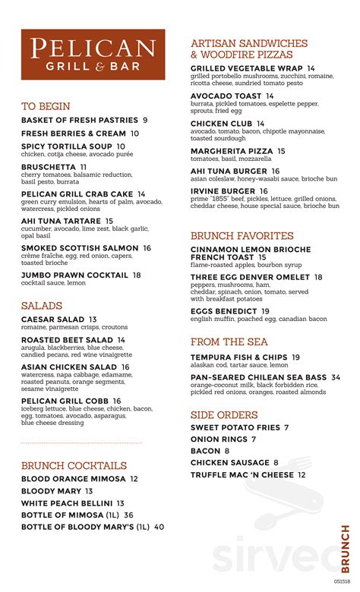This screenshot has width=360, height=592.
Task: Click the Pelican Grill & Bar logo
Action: pyautogui.click(x=93, y=55)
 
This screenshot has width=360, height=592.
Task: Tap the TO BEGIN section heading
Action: pyautogui.click(x=46, y=106)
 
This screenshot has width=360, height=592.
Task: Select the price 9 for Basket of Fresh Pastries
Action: pyautogui.click(x=145, y=120)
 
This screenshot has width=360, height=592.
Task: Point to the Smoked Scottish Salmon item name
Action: pyautogui.click(x=80, y=248)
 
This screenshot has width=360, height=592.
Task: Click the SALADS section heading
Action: pyautogui.click(x=42, y=305)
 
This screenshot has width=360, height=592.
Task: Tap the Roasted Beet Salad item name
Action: pyautogui.click(x=68, y=340)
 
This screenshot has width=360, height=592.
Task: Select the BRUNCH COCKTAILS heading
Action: pyautogui.click(x=74, y=465)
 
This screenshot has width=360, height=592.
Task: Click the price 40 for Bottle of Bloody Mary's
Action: pyautogui.click(x=159, y=526)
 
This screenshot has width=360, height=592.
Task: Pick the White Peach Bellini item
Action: pyautogui.click(x=67, y=503)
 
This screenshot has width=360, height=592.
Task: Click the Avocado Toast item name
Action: pyautogui.click(x=226, y=96)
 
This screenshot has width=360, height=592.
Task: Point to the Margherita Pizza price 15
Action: pyautogui.click(x=281, y=151)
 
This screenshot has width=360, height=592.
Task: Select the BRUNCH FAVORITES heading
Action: pyautogui.click(x=242, y=236)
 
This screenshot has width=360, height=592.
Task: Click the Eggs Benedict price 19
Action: pyautogui.click(x=265, y=311)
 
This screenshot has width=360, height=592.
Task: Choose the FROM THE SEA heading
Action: pyautogui.click(x=229, y=342)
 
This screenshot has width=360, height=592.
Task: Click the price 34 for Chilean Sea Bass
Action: pyautogui.click(x=335, y=377)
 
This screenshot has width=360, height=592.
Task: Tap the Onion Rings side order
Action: pyautogui.click(x=219, y=439)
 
